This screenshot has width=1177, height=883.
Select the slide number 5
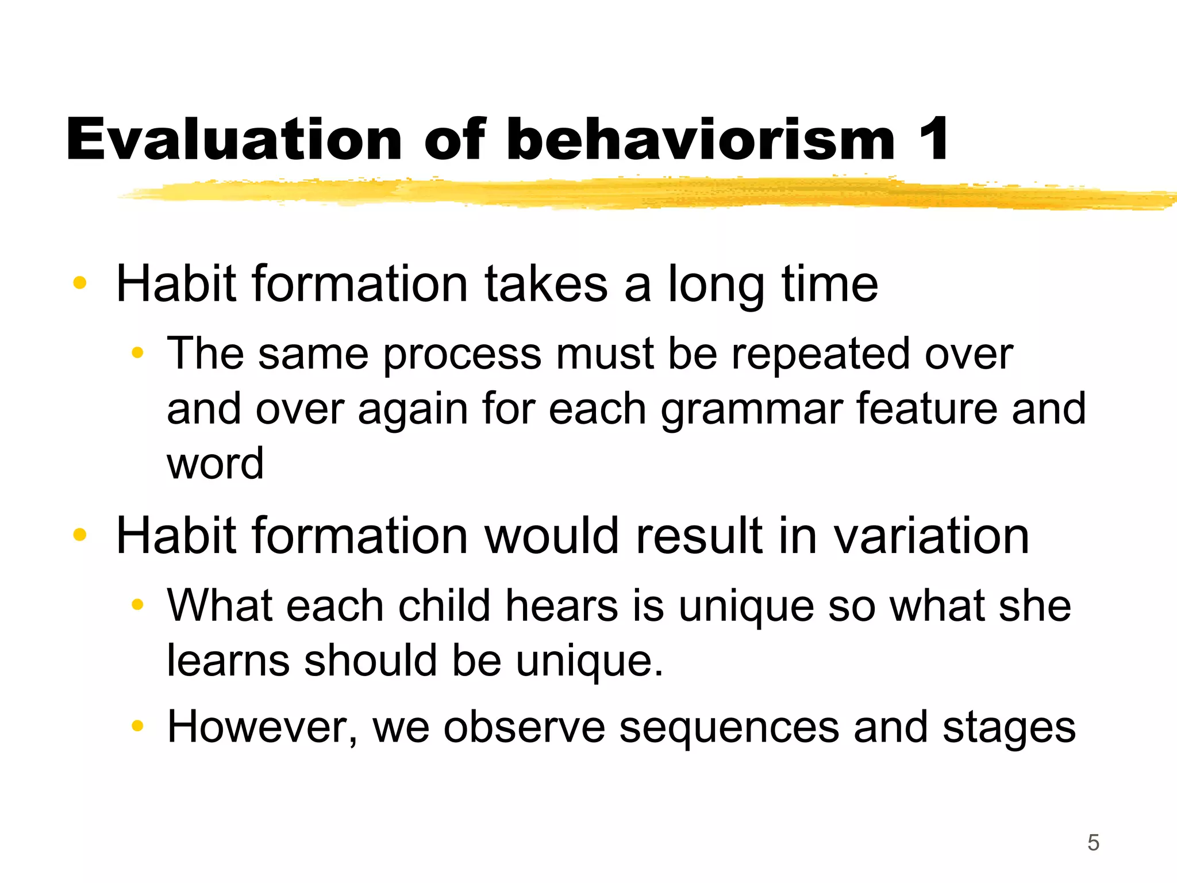pyautogui.click(x=1093, y=843)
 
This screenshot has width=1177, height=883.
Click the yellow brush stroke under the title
pyautogui.click(x=632, y=194)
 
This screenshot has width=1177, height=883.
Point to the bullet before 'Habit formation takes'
pyautogui.click(x=80, y=283)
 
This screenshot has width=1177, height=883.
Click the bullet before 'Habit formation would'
pyautogui.click(x=80, y=535)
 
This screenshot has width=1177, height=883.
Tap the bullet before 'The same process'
pyautogui.click(x=137, y=352)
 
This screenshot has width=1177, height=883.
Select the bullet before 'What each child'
pyautogui.click(x=137, y=604)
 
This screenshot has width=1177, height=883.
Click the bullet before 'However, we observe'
pyautogui.click(x=137, y=726)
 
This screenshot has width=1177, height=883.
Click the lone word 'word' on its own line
pyautogui.click(x=215, y=463)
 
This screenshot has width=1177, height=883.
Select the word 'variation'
pyautogui.click(x=931, y=536)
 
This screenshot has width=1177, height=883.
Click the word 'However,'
pyautogui.click(x=263, y=728)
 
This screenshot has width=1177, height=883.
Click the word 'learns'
pyautogui.click(x=228, y=661)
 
